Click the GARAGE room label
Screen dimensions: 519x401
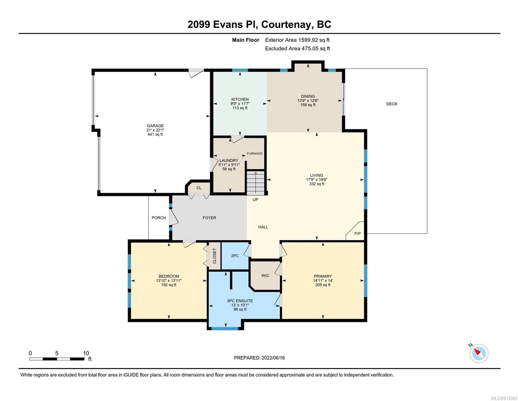coord(155,126)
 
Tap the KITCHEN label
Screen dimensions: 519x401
coord(240,99)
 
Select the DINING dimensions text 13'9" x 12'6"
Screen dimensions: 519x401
coord(308,101)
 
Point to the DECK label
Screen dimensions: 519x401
coord(392,104)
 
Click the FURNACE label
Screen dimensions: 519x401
coord(255,154)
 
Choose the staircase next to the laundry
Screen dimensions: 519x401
coord(256,183)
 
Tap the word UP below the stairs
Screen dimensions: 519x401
coord(255,199)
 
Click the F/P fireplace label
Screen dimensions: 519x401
coord(358,234)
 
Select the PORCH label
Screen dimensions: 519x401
coord(159,218)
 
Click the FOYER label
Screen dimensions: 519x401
coord(209,218)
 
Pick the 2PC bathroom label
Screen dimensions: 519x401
coord(235,256)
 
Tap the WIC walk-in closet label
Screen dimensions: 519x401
coord(265,276)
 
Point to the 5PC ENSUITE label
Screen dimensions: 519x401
coord(240,301)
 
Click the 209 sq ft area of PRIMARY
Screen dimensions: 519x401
coord(323,285)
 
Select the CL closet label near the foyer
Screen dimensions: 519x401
coord(199,188)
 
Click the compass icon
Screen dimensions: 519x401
coord(479,354)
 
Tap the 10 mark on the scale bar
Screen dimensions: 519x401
coord(86,353)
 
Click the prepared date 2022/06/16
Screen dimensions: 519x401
coord(273,358)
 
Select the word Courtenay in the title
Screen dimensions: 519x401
coord(287,25)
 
